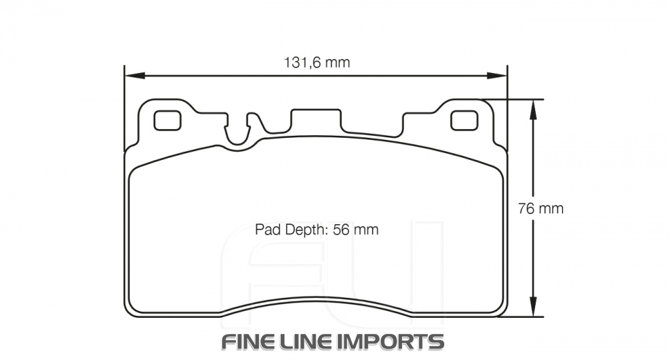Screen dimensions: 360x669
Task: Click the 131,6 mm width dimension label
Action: (317, 63)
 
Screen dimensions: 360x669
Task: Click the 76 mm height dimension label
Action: (541, 208)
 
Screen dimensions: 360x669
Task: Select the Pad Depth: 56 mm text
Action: (316, 230)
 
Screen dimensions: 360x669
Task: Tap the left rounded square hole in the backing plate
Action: (167, 120)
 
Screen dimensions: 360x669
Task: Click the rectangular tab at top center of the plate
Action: (316, 120)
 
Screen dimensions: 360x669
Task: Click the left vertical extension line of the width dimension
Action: (124, 107)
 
